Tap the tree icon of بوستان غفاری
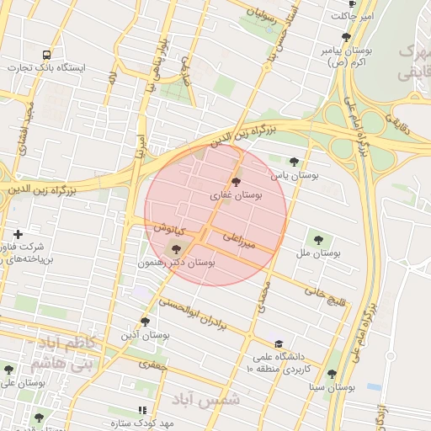(x=235, y=181)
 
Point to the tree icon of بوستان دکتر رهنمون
(x=175, y=248)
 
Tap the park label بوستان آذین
(x=146, y=334)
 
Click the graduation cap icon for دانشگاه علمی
(x=279, y=343)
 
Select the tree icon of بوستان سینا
(x=331, y=374)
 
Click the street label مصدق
(x=261, y=297)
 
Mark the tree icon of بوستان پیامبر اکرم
(x=346, y=37)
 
